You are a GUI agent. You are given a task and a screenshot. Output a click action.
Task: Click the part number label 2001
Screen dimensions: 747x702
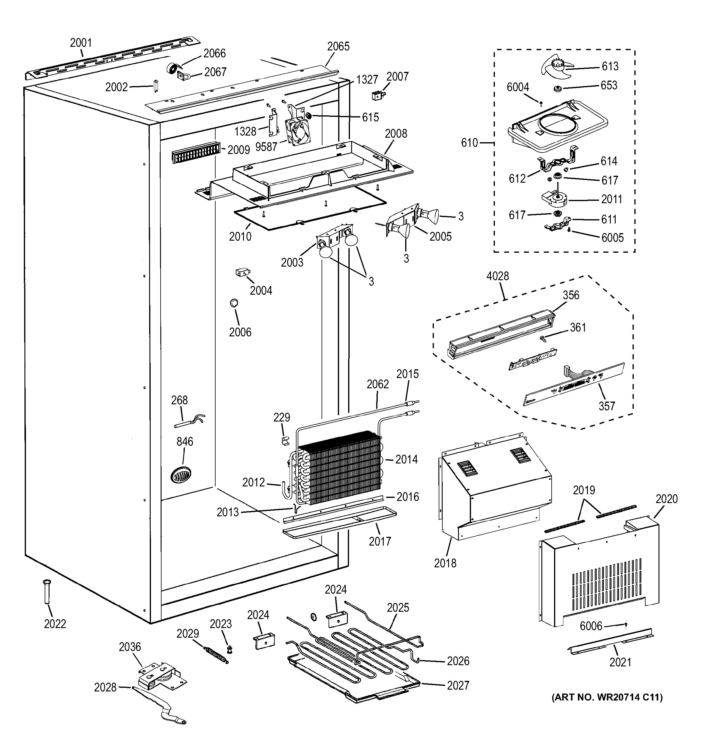point(81,43)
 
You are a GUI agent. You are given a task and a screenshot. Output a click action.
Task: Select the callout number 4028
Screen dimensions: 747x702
point(498,276)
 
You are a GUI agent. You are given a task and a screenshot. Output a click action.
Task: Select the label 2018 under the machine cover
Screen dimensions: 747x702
point(445,574)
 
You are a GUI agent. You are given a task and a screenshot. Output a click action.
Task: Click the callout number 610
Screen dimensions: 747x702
point(470,143)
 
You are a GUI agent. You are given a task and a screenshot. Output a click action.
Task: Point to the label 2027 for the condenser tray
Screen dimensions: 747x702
point(458,685)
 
